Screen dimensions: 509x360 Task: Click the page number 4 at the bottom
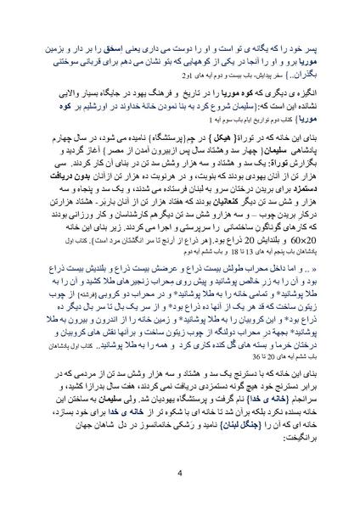coord(179,473)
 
